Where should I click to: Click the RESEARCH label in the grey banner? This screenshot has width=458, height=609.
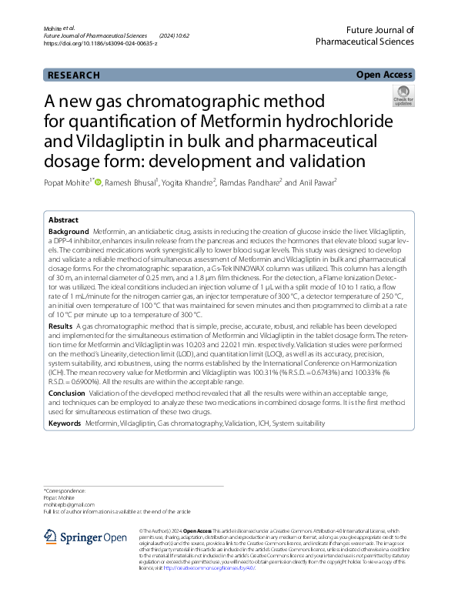point(74,75)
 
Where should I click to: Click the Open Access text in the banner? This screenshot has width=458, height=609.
point(385,75)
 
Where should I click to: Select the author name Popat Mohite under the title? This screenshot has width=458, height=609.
point(67,182)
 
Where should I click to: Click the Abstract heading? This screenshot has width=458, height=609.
point(63,219)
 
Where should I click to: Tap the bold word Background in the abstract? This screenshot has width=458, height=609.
point(69,232)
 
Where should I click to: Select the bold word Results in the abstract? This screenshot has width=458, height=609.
point(61,327)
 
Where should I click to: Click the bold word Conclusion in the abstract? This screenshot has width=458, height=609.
point(67,393)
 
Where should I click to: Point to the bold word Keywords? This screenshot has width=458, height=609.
point(65,424)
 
